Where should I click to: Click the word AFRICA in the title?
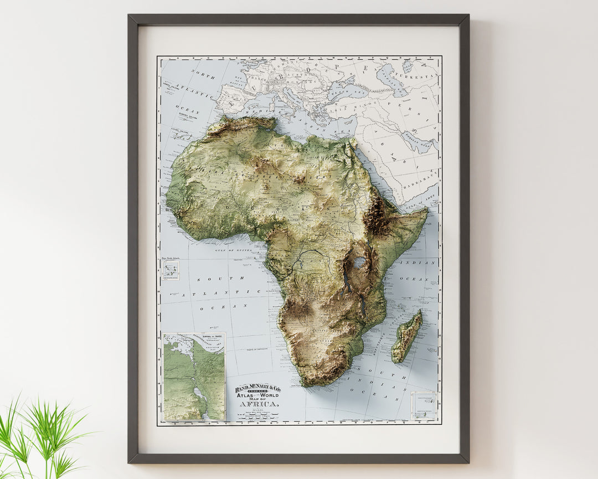pos(259,404)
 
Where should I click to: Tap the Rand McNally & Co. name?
pos(258,389)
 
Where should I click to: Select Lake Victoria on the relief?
pos(360,262)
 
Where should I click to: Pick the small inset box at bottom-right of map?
pos(424,406)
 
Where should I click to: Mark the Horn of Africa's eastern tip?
pos(427,210)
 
